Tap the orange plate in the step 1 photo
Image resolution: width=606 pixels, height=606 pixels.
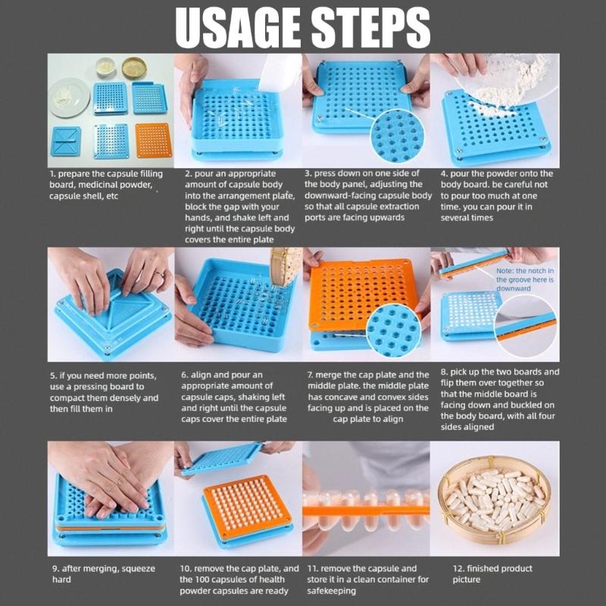point(154,139)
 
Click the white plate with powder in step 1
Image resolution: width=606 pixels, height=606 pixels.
point(69,98)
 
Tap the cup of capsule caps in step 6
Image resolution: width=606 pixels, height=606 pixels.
point(286,265)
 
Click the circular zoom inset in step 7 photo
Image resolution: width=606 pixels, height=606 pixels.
point(392,330)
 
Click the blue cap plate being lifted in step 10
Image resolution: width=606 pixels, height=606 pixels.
point(221,458)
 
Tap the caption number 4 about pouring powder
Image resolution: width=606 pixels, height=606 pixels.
point(445,173)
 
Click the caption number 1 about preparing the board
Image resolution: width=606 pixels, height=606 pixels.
point(54,173)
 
